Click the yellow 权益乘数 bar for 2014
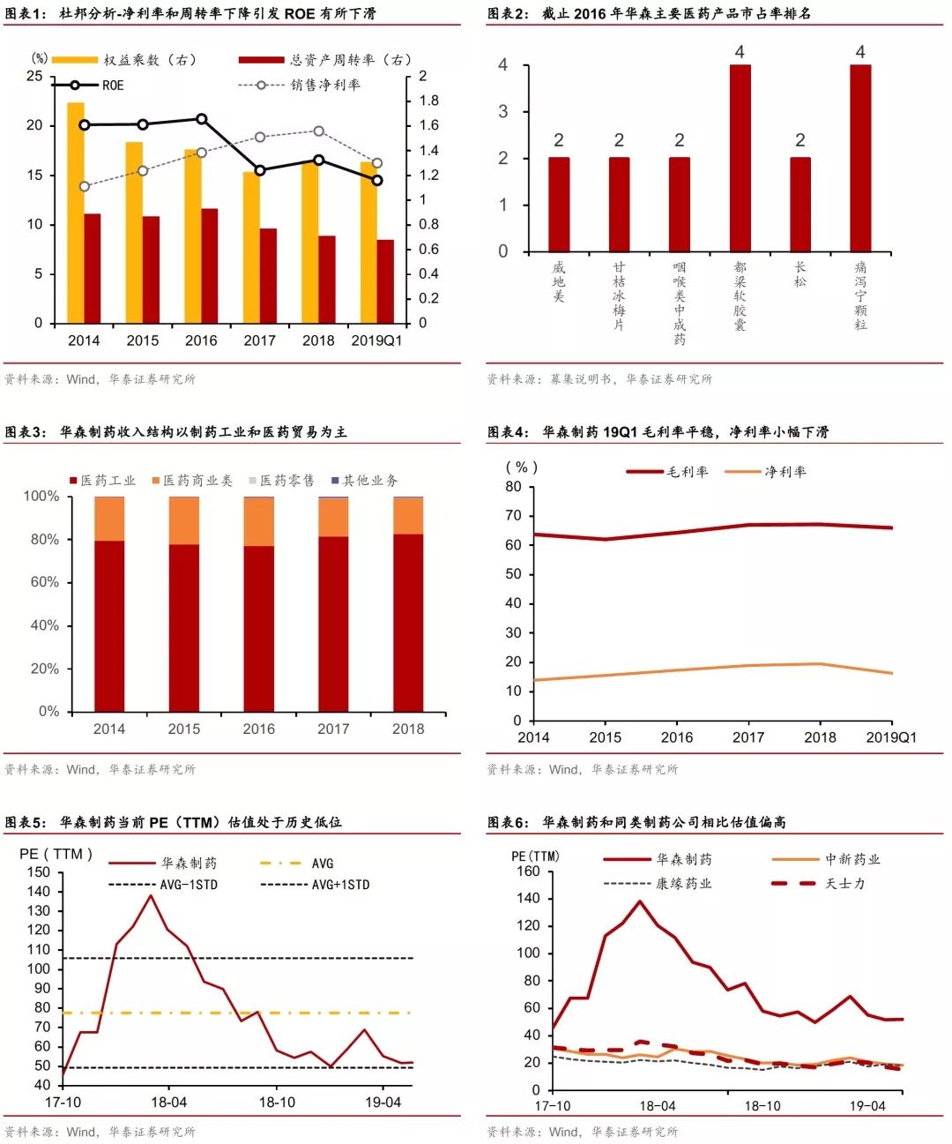point(76,212)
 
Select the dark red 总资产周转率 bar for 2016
point(210,265)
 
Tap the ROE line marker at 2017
point(260,170)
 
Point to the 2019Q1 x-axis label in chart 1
point(376,340)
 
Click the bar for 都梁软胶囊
point(740,159)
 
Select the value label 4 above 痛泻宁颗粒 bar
point(860,52)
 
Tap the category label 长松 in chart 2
point(800,273)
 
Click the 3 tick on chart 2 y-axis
point(503,112)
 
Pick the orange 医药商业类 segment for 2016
point(258,522)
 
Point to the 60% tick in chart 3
point(45,582)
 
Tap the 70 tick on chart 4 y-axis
point(513,516)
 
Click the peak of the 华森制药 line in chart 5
point(150,895)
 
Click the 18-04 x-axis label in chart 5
point(169,1103)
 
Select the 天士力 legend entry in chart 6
point(844,883)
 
